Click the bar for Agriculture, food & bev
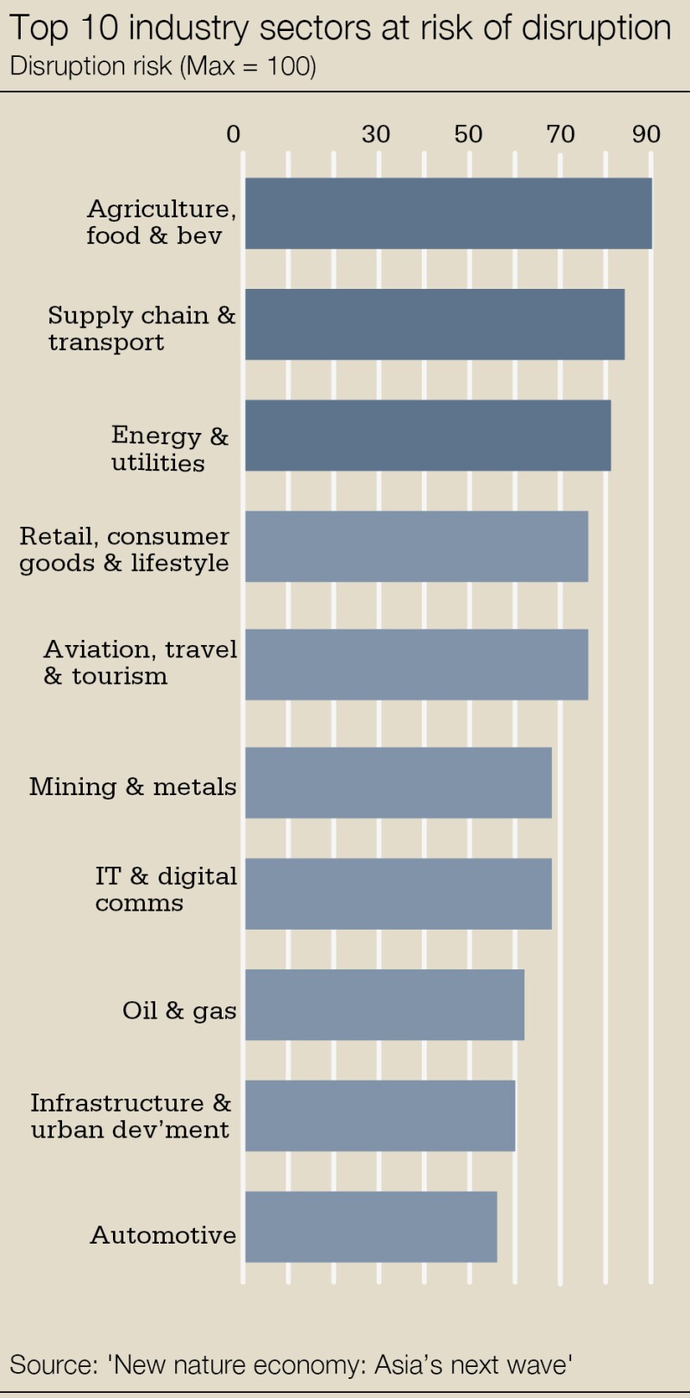click(448, 213)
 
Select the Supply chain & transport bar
click(435, 324)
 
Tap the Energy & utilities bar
click(428, 435)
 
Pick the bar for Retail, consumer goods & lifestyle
click(417, 546)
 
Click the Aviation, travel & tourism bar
click(417, 664)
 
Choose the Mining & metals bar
click(398, 782)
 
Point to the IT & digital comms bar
click(398, 893)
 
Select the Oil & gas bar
click(385, 1005)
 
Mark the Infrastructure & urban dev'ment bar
click(380, 1115)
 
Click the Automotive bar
click(371, 1226)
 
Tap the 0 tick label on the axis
click(233, 135)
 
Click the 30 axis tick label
click(376, 135)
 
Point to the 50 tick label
click(468, 135)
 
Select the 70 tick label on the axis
click(561, 135)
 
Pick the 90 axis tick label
click(646, 135)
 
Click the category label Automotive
click(163, 1235)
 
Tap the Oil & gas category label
click(179, 1010)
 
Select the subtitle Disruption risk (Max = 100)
click(163, 66)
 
